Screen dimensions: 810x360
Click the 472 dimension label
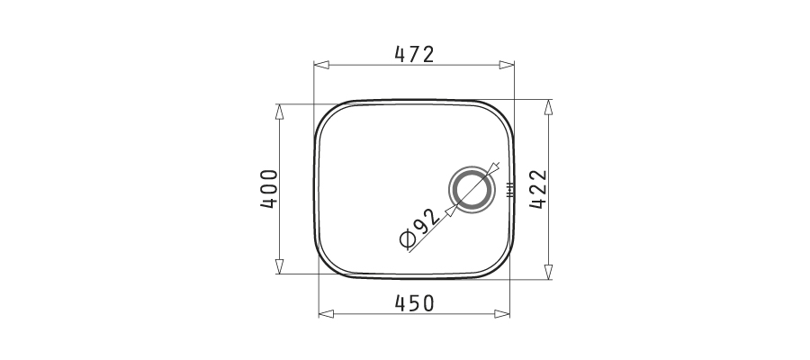414,54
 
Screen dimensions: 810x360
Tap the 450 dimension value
414,303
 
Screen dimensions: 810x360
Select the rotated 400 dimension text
269,189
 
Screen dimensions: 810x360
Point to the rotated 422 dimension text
538,189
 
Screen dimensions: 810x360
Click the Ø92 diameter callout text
420,229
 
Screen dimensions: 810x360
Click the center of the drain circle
471,189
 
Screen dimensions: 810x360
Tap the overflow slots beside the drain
510,190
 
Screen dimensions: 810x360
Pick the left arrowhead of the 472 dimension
321,65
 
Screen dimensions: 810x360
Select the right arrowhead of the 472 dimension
507,65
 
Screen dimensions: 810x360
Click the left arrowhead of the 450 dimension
327,313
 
